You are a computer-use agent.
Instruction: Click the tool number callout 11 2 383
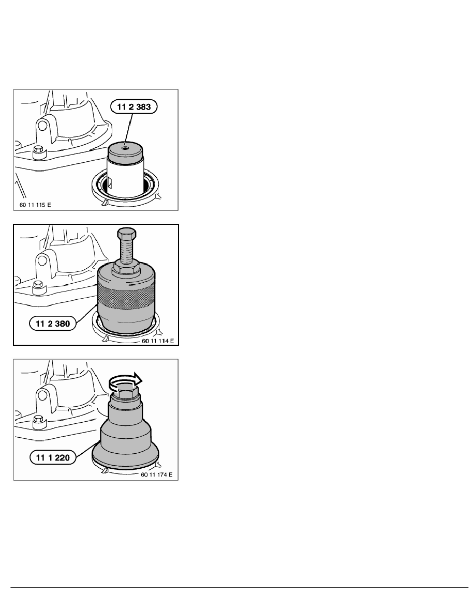(133, 106)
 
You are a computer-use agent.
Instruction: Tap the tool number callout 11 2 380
(52, 324)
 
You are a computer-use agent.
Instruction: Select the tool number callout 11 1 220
(52, 457)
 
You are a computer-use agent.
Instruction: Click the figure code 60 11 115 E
(35, 205)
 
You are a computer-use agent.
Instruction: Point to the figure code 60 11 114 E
(157, 341)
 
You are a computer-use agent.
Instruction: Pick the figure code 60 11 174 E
(157, 474)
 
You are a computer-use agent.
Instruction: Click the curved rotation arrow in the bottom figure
(125, 380)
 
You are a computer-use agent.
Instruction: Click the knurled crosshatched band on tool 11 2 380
(126, 295)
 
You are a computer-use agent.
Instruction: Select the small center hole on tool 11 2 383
(125, 148)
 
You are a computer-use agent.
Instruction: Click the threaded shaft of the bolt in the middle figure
(126, 251)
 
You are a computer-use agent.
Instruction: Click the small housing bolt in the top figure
(38, 151)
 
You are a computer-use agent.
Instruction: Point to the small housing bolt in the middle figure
(38, 286)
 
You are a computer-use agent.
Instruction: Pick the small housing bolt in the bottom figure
(38, 421)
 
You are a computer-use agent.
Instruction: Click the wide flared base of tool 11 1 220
(125, 455)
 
